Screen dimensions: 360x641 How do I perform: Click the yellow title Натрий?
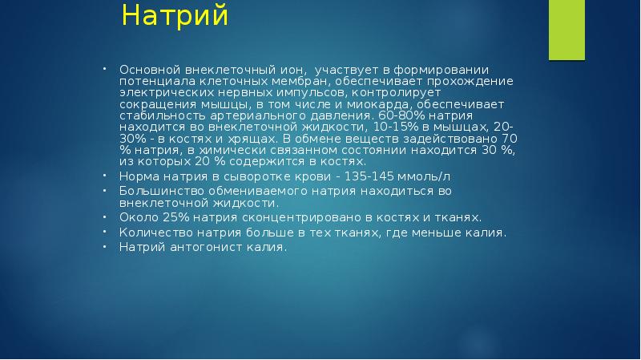coord(175,16)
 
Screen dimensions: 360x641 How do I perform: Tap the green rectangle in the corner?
coord(577,30)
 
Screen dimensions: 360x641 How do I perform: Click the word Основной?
coord(147,70)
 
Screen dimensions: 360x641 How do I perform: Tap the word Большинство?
coord(159,191)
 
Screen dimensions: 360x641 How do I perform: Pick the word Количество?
coord(154,233)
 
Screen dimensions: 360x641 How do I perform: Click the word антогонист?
coord(204,248)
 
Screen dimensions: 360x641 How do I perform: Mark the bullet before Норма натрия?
coord(105,175)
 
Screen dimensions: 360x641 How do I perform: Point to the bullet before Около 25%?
coord(105,216)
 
